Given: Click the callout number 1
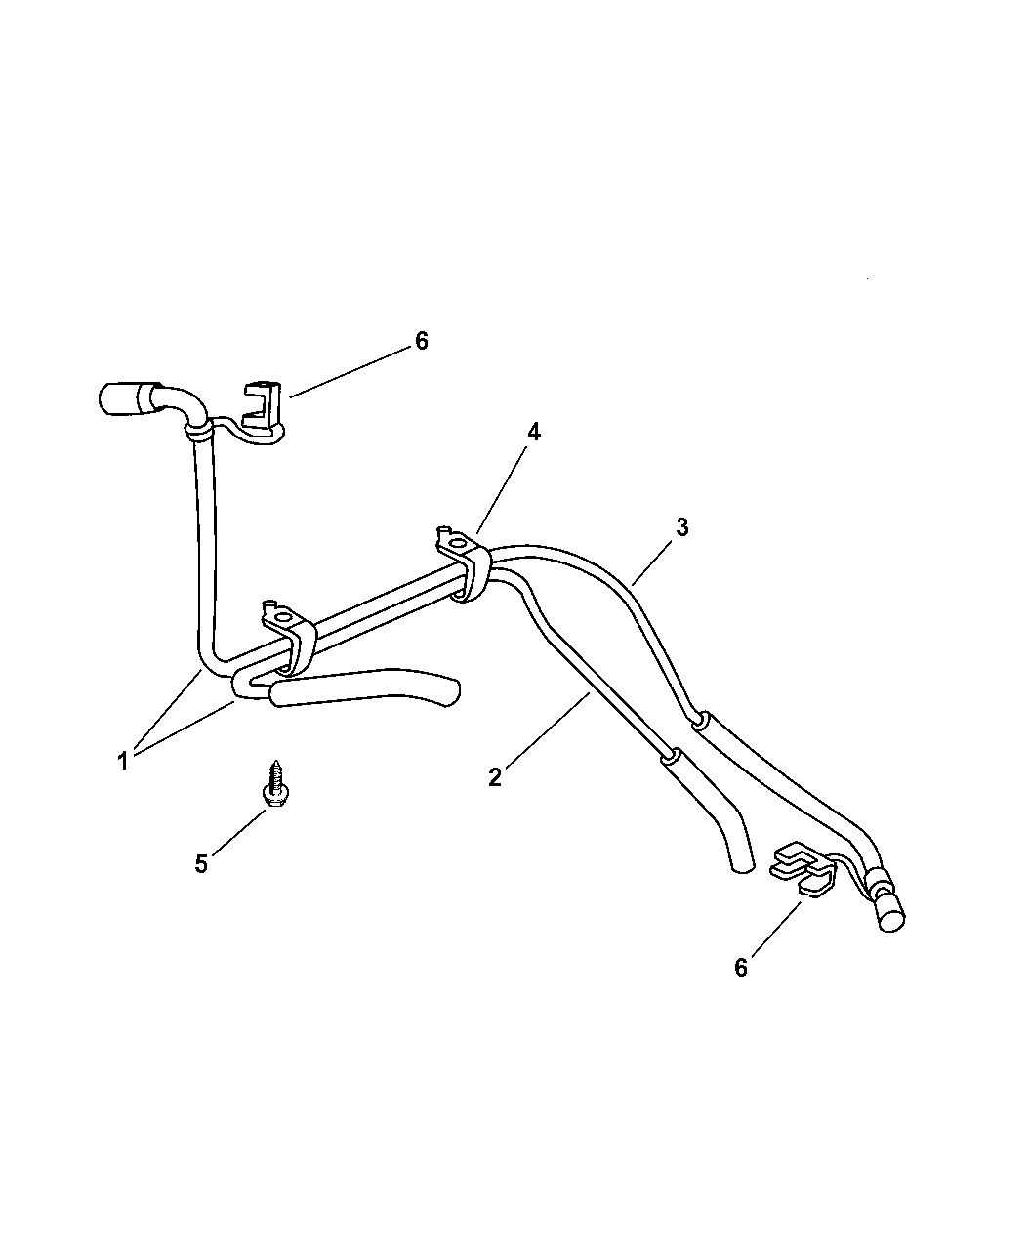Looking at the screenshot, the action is [123, 762].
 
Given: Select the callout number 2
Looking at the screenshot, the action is [494, 777].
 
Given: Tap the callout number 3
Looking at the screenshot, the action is [682, 527].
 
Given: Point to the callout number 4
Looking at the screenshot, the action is [534, 432].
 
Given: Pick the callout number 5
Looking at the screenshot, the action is [201, 864].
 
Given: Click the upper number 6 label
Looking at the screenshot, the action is [422, 341].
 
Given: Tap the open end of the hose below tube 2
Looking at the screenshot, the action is [743, 868].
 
